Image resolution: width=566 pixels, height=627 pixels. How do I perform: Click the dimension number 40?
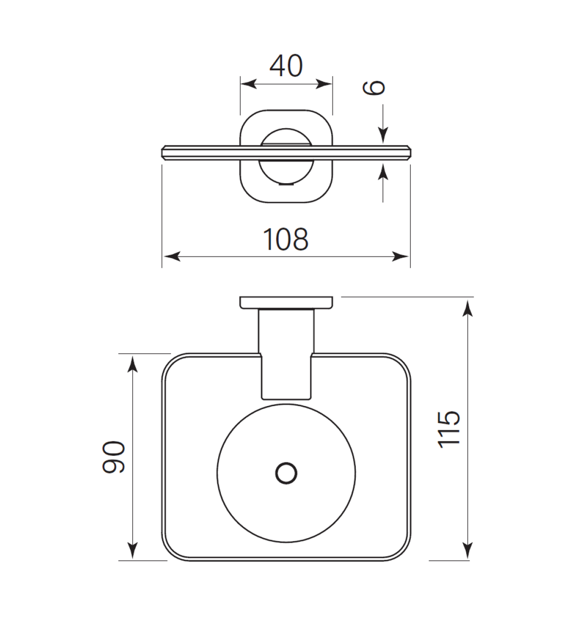(x=286, y=66)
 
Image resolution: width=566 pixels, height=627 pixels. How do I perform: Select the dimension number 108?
(x=286, y=240)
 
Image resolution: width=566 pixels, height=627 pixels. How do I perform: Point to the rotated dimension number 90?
(x=114, y=457)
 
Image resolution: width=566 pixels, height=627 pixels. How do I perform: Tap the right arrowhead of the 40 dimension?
(x=324, y=84)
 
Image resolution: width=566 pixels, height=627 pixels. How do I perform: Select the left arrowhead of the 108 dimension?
(x=172, y=256)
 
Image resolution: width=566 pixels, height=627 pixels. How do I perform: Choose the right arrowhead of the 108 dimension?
(x=400, y=256)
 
